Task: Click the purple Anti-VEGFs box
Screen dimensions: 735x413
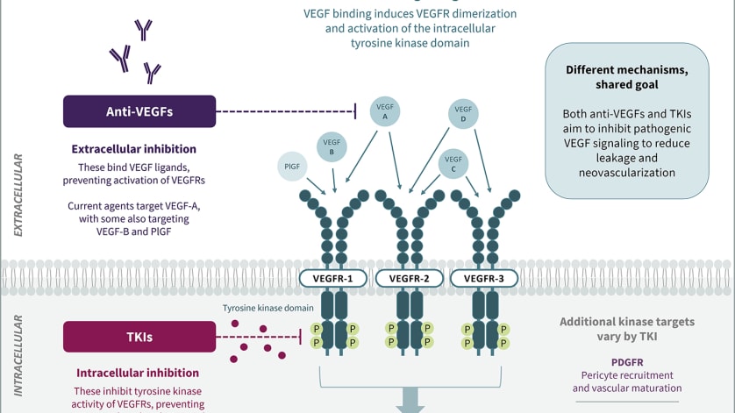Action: [x=139, y=111]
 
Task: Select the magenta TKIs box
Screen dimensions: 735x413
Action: [x=139, y=337]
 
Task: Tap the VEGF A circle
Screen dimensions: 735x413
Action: [x=385, y=111]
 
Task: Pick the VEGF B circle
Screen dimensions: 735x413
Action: [x=332, y=147]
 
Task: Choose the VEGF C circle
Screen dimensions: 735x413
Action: [x=453, y=164]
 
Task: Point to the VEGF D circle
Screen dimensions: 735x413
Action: [x=463, y=114]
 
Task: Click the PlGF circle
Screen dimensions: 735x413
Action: [x=292, y=167]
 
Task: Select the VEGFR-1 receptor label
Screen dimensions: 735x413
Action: [x=332, y=279]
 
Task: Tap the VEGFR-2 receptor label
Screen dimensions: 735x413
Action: [x=410, y=279]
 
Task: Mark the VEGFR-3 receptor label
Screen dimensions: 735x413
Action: [x=484, y=279]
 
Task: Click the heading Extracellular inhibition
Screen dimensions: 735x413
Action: [x=133, y=149]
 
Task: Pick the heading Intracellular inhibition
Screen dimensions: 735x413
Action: [x=138, y=373]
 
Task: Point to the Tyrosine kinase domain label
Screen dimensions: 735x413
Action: [x=268, y=308]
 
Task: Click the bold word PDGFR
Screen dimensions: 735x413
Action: [x=627, y=362]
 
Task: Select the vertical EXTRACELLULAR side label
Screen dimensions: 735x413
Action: [x=18, y=195]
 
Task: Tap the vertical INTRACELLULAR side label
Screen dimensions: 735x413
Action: [x=18, y=356]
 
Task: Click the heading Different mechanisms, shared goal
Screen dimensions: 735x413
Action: [x=627, y=77]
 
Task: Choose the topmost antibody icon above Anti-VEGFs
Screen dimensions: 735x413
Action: [x=144, y=30]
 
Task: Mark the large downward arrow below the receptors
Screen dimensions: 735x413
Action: [x=410, y=401]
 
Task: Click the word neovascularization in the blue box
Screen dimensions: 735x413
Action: [x=627, y=173]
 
